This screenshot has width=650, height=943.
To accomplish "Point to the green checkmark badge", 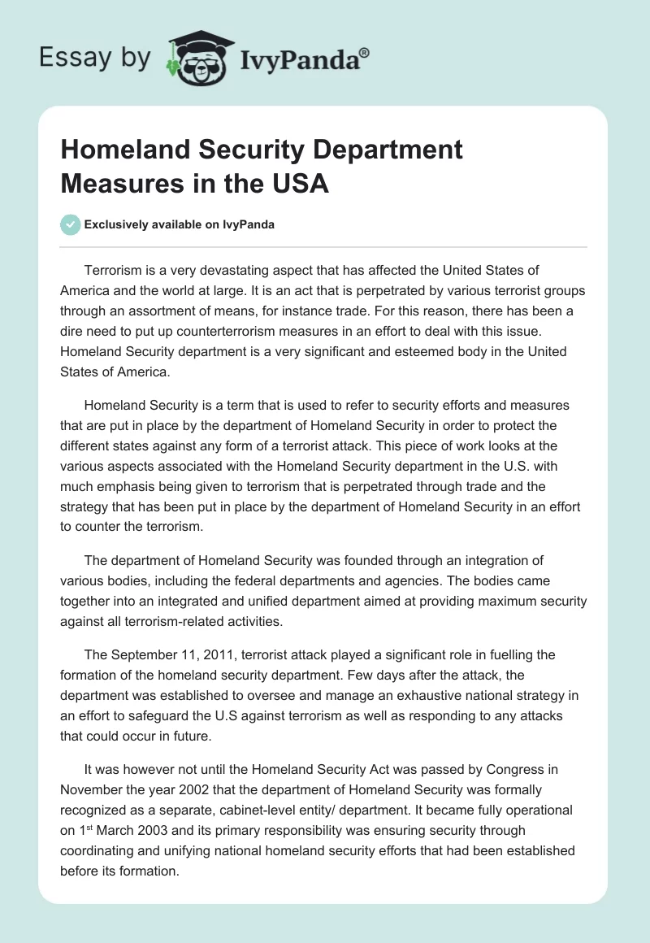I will (x=71, y=225).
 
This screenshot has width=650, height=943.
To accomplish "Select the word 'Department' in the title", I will (x=382, y=150).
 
